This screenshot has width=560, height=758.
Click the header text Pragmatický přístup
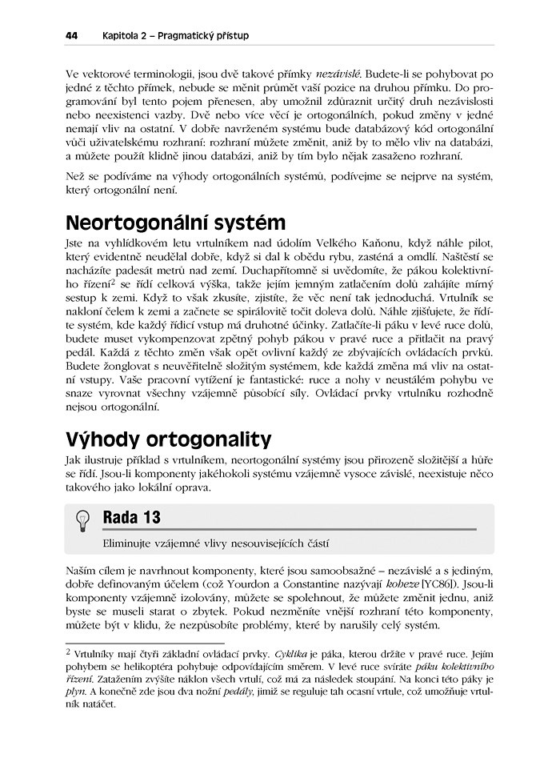click(203, 35)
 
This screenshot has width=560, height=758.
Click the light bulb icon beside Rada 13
click(82, 519)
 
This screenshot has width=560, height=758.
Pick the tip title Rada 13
click(132, 518)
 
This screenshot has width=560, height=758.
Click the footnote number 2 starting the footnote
click(68, 653)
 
